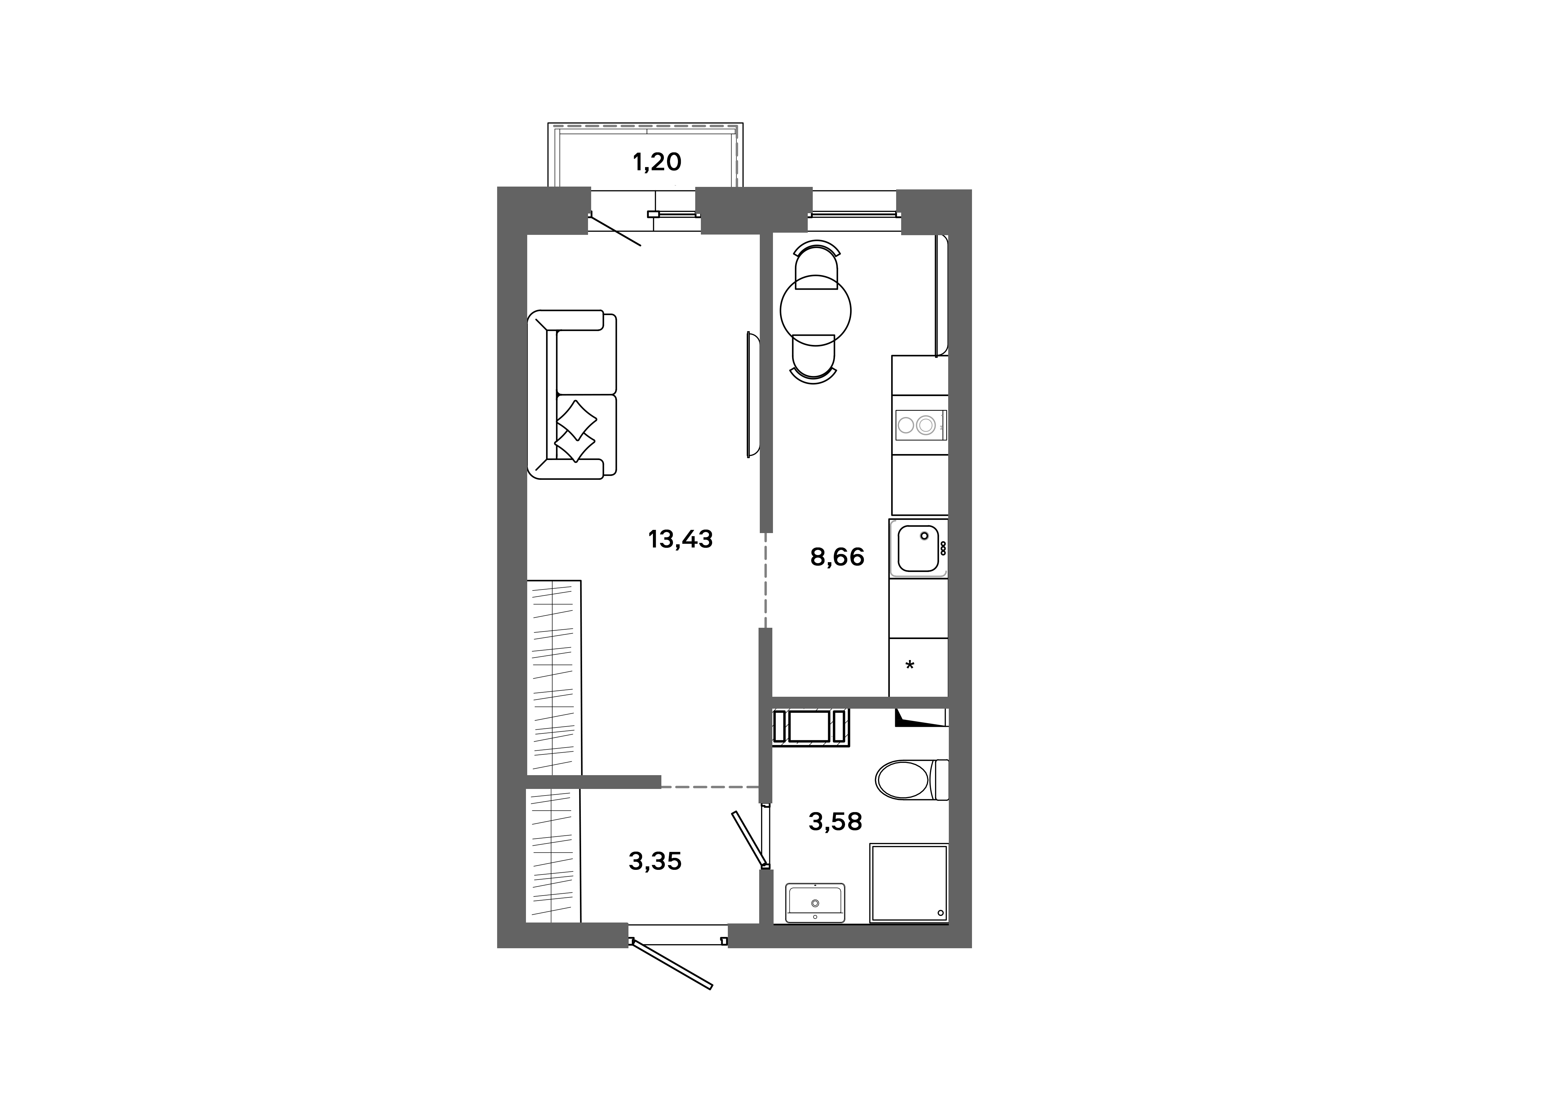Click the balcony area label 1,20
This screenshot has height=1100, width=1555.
click(x=656, y=162)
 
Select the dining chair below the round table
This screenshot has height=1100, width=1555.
click(x=813, y=359)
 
